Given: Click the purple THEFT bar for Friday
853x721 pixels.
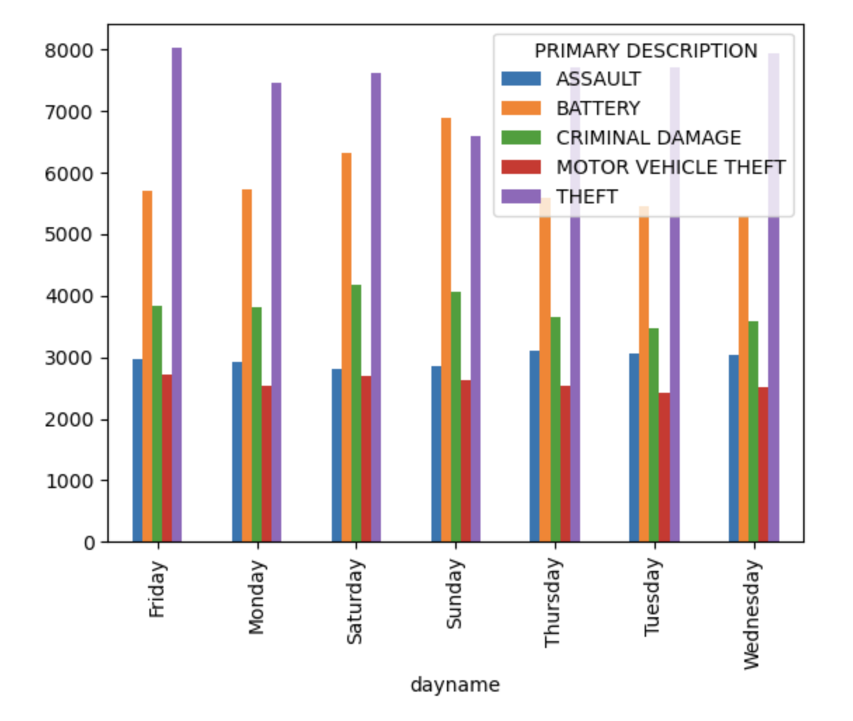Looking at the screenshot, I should pos(177,295).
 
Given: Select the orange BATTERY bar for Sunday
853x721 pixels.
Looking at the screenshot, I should pos(446,330).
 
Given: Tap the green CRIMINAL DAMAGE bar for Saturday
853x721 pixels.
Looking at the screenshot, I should pos(356,413).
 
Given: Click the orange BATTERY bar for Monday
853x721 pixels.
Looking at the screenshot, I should pos(247,365).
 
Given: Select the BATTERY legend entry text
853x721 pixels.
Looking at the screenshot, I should pos(598,108).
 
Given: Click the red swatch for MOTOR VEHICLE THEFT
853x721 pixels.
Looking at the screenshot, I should pos(520,167).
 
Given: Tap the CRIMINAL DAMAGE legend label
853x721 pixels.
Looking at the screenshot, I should pos(648,137).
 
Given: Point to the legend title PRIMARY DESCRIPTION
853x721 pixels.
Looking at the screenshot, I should pos(645,51).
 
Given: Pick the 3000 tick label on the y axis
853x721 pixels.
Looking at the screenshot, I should pos(70,358).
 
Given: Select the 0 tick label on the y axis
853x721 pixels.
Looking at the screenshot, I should pos(90,542).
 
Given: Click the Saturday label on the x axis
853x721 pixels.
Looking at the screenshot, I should pos(355,601).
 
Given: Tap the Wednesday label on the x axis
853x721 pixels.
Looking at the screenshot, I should pos(752,614).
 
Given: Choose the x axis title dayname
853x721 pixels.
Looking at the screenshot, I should pos(455,685).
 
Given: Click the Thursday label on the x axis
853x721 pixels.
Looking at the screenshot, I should pos(553,602).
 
